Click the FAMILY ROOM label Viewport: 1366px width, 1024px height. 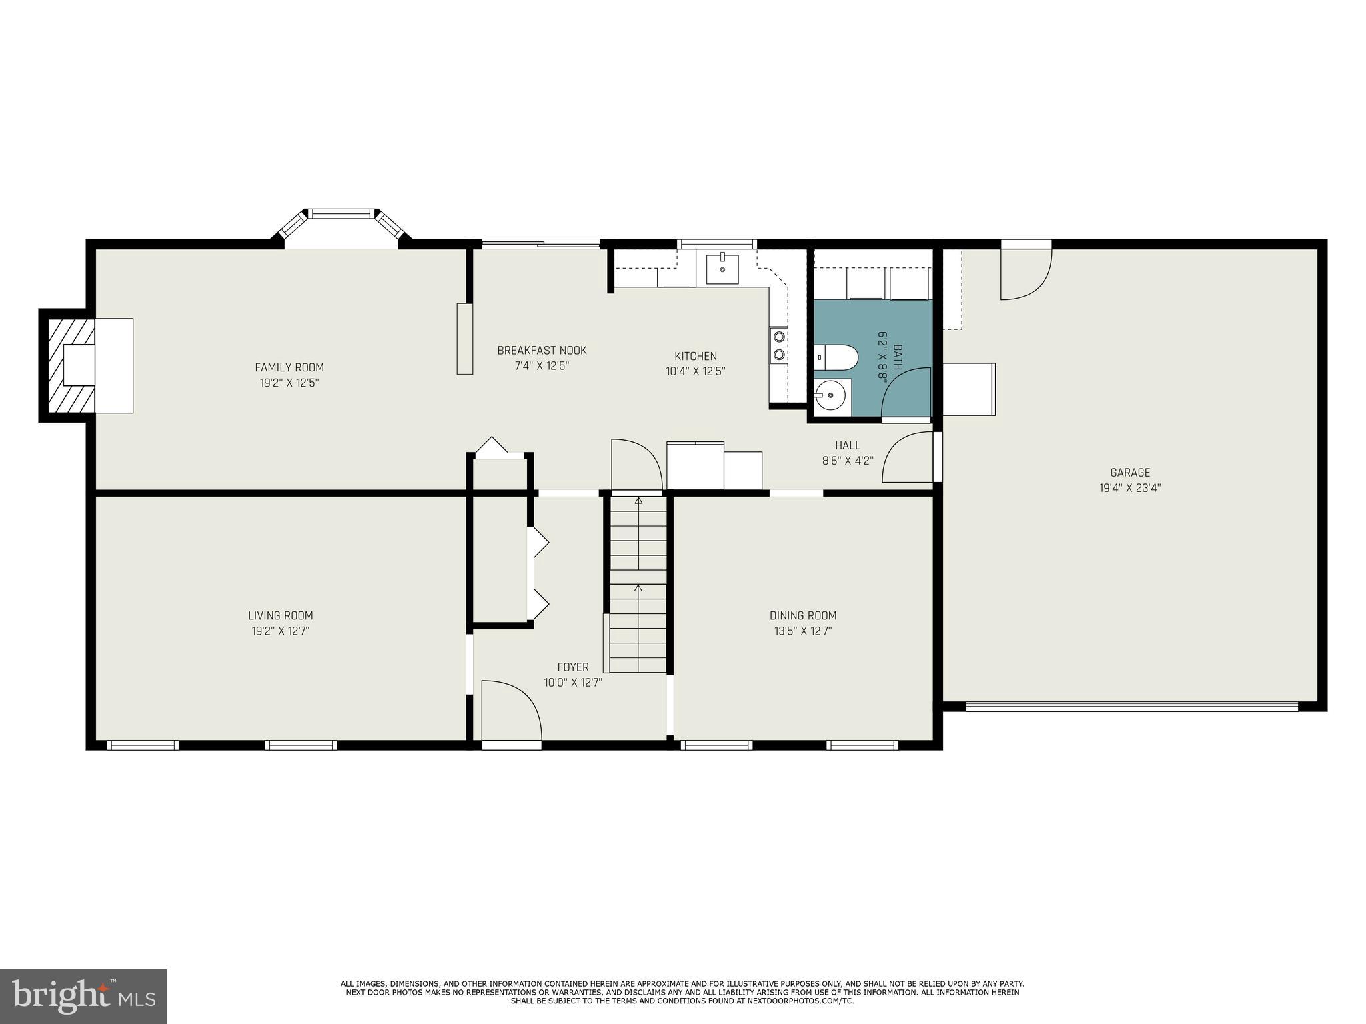tap(289, 367)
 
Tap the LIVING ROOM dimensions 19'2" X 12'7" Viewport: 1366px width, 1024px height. tap(280, 631)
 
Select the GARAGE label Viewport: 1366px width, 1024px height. tap(1130, 473)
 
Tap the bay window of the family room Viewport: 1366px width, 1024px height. tap(341, 220)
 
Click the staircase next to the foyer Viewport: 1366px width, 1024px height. tap(638, 583)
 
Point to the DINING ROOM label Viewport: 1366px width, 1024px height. tap(803, 616)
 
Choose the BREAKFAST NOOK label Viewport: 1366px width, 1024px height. tap(542, 351)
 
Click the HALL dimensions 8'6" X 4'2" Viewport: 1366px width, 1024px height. tap(847, 461)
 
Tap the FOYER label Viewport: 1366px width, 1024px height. tap(573, 667)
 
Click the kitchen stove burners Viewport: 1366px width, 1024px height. tap(778, 345)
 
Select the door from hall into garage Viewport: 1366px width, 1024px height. tap(908, 457)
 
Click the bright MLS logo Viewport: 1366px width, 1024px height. tap(83, 996)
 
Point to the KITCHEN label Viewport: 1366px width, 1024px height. tap(695, 356)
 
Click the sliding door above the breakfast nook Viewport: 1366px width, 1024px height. tap(541, 244)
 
